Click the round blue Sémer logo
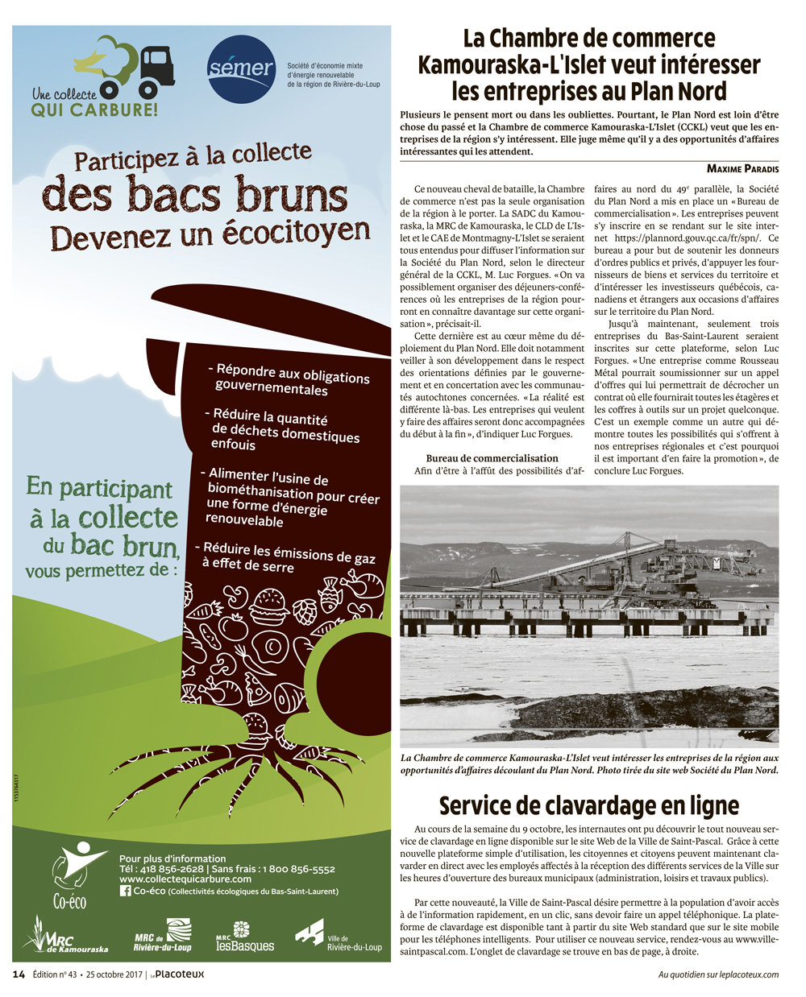point(240,69)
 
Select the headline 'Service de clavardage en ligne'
point(589,805)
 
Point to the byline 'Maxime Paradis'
point(742,168)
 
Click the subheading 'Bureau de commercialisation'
point(492,458)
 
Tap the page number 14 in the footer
point(19,974)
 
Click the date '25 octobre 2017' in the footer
point(120,974)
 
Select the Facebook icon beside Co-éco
point(125,891)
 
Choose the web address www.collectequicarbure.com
point(185,879)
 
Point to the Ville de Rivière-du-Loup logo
point(338,937)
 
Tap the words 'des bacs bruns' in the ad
point(195,196)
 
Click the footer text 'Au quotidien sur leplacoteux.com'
point(718,974)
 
